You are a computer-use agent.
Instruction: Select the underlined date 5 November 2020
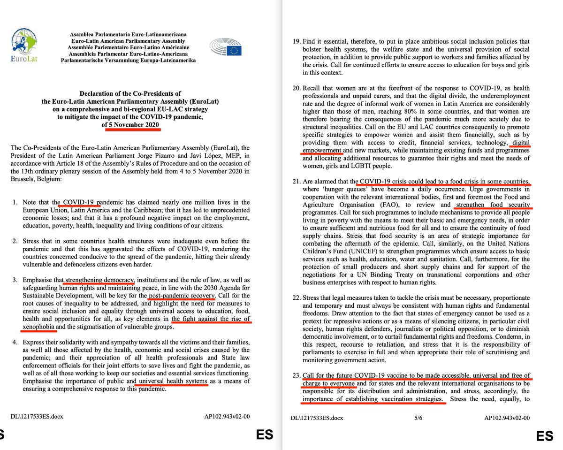[131, 124]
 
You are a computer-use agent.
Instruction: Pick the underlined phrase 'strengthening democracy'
[99, 281]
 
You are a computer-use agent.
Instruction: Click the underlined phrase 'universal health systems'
[172, 381]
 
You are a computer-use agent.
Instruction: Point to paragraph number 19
[295, 41]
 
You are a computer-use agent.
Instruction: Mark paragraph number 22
[295, 298]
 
